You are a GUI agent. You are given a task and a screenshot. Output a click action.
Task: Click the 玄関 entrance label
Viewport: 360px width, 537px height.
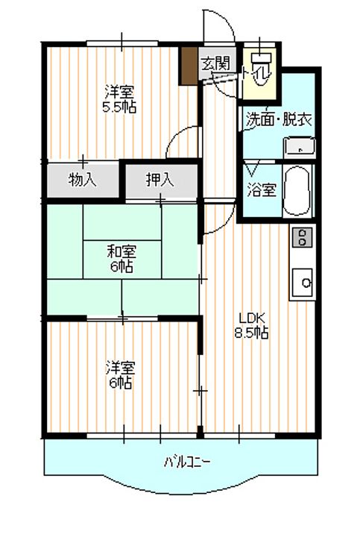(215, 63)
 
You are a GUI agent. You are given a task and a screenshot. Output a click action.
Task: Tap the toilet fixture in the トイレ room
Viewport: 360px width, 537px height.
(262, 69)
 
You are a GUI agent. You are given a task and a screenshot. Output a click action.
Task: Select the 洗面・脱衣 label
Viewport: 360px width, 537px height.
(279, 119)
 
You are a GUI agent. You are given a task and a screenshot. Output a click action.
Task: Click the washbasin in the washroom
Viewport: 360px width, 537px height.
(300, 148)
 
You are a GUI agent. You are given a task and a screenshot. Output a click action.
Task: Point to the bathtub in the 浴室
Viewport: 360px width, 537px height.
(297, 190)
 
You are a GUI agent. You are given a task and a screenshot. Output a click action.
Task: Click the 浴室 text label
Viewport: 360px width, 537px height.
(262, 190)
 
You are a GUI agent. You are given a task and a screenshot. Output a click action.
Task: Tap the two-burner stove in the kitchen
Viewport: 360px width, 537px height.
(302, 237)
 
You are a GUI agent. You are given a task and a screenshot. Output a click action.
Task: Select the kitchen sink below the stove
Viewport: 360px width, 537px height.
(303, 282)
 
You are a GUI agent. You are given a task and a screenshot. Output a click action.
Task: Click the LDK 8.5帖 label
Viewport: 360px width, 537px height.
(251, 326)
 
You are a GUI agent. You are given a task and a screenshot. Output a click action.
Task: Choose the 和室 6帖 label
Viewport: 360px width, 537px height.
(121, 260)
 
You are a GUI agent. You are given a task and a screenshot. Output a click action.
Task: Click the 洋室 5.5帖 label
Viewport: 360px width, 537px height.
(119, 99)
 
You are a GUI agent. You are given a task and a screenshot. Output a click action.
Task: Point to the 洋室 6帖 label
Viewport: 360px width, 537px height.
(121, 375)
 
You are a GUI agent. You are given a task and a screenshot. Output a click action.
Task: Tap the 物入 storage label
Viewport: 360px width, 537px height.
(83, 180)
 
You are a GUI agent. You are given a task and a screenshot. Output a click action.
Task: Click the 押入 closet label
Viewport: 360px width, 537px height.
(160, 180)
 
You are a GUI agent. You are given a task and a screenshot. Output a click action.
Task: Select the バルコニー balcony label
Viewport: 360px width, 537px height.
(187, 462)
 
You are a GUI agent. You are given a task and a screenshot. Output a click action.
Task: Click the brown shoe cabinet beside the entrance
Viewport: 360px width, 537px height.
(189, 66)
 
